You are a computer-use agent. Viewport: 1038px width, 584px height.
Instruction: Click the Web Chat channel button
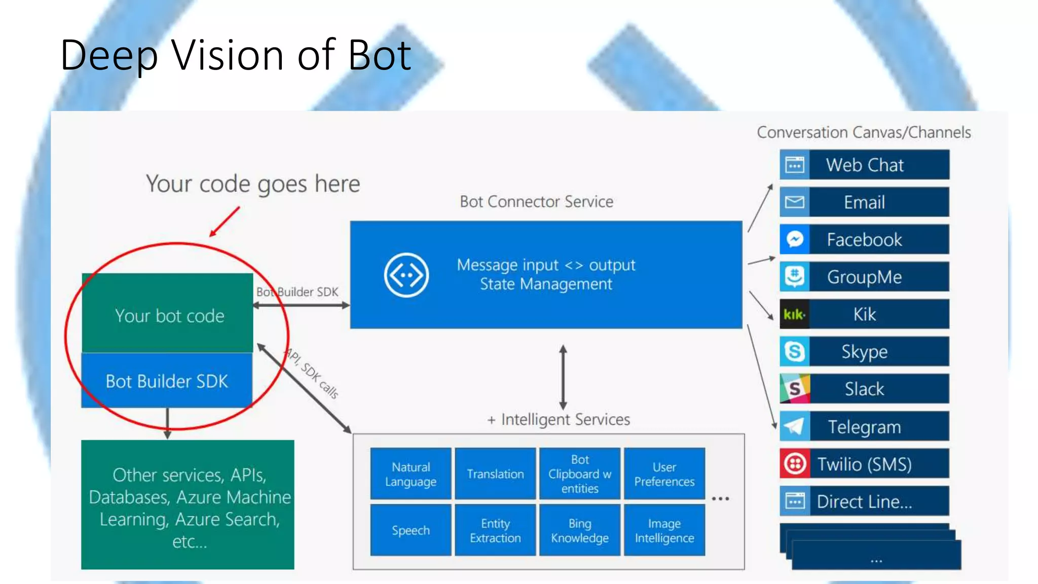coord(864,165)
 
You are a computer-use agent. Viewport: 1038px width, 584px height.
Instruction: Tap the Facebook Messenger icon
coord(794,239)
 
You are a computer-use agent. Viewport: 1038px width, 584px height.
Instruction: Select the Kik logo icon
coord(794,314)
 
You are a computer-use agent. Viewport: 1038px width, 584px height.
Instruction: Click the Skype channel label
coord(865,352)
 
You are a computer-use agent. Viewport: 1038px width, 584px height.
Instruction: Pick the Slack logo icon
coord(794,389)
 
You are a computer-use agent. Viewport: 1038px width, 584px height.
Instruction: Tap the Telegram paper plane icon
coord(794,426)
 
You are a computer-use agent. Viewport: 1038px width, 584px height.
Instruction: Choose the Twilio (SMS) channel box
coord(864,464)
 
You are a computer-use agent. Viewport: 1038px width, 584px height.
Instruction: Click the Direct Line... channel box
coord(864,501)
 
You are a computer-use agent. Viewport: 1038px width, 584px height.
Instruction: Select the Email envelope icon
coord(794,202)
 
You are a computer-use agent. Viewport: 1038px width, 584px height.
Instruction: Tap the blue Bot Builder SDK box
coord(167,381)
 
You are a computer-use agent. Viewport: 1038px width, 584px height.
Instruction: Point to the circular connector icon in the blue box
coord(406,275)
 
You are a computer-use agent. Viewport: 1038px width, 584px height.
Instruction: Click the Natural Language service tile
coord(411,474)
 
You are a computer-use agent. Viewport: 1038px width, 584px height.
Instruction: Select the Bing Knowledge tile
coord(580,530)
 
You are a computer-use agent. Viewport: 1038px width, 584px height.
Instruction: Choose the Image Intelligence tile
coord(664,530)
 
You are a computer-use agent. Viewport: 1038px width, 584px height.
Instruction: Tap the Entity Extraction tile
coord(495,530)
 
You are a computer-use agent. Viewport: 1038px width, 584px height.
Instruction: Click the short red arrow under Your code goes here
coord(224,222)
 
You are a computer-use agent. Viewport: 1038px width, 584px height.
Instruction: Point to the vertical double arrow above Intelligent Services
coord(563,377)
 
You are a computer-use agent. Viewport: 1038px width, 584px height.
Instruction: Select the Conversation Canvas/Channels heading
coord(864,132)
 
